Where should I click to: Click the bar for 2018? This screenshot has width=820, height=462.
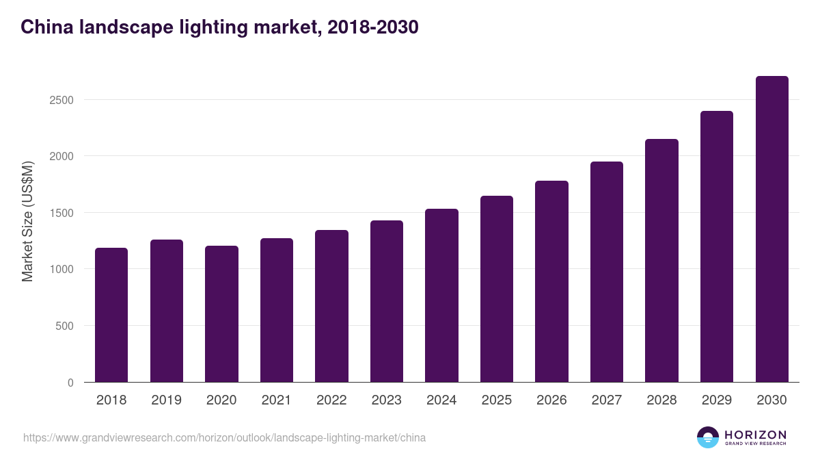(111, 315)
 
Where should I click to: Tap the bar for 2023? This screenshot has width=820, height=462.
(387, 301)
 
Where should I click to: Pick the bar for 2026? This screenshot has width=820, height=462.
(551, 281)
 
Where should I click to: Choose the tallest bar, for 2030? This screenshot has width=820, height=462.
(771, 229)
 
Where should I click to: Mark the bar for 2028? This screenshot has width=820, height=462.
(661, 261)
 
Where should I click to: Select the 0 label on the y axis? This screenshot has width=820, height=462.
(70, 383)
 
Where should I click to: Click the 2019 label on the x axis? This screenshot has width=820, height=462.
(166, 400)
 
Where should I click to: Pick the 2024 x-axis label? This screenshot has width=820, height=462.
(441, 400)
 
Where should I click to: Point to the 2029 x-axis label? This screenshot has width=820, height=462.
(716, 400)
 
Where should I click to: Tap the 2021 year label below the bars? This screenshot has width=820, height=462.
(276, 400)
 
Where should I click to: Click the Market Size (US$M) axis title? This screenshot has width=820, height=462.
(28, 221)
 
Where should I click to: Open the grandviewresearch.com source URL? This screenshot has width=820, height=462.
(224, 437)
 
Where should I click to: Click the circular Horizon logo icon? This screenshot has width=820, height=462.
(708, 437)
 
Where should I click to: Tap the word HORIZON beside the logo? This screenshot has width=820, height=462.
(755, 435)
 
